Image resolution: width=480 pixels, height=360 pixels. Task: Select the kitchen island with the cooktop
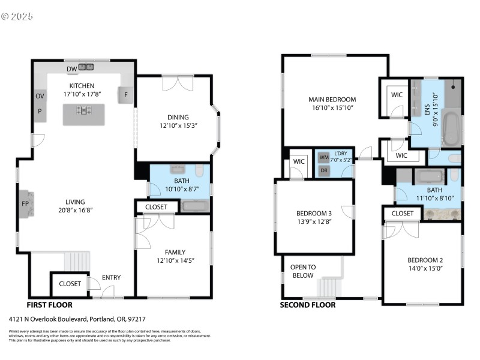click(x=83, y=113)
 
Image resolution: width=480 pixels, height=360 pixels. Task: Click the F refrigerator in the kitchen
click(x=126, y=95)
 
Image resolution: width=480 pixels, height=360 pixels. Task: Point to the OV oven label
click(x=40, y=96)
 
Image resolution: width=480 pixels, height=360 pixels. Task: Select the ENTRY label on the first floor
click(x=112, y=277)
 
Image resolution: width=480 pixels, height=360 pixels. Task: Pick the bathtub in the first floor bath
click(x=195, y=206)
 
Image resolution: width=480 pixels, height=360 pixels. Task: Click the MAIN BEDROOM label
click(x=332, y=100)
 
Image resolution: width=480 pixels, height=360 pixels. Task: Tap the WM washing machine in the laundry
click(x=325, y=158)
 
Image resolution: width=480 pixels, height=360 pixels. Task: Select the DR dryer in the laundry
click(x=325, y=170)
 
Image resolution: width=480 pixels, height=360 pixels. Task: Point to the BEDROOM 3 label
click(x=314, y=214)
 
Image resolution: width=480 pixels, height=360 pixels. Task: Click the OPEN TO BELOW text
click(x=302, y=271)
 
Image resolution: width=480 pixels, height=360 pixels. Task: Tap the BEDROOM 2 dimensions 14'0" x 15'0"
click(x=425, y=269)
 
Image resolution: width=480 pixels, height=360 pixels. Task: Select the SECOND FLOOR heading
click(x=308, y=305)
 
